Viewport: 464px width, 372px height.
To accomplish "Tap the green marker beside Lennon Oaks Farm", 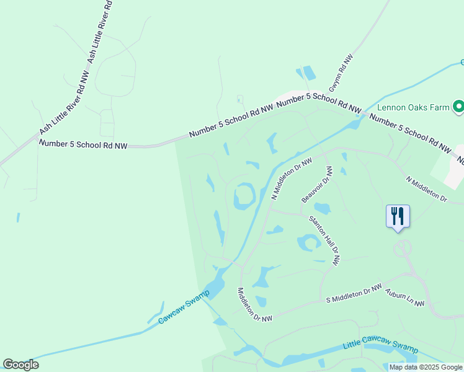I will [458, 107].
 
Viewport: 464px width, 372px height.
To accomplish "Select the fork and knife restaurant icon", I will [398, 216].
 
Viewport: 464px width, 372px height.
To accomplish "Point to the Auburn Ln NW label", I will [404, 298].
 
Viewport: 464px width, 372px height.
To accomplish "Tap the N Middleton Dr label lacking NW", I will [426, 188].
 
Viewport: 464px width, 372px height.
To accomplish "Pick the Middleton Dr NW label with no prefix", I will [254, 305].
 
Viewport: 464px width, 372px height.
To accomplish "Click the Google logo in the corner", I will [20, 365].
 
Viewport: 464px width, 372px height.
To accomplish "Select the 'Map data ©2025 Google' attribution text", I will [426, 367].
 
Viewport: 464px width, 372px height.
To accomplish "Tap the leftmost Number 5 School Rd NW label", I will [83, 144].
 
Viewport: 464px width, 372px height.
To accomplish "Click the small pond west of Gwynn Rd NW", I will [307, 74].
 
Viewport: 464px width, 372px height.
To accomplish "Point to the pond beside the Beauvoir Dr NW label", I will [322, 208].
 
